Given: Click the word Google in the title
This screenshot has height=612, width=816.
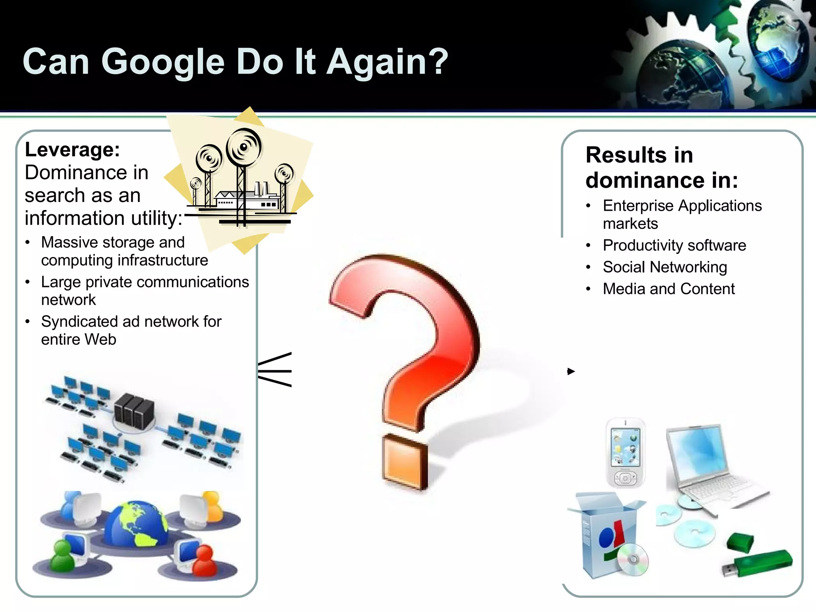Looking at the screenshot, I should click(x=163, y=63).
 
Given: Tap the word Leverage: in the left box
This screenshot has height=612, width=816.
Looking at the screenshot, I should click(x=72, y=150).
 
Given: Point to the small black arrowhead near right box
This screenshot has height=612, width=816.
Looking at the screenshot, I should click(x=571, y=371).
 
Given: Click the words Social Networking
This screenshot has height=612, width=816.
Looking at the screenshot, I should click(x=665, y=267).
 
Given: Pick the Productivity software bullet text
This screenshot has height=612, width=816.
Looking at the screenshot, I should click(x=674, y=245).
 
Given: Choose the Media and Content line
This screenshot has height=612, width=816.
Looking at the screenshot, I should click(x=669, y=289).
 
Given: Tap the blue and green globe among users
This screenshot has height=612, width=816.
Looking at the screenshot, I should click(x=137, y=524).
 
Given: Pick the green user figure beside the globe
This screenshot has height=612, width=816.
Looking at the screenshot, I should click(x=62, y=556).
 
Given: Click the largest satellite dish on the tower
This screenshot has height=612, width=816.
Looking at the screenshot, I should click(x=243, y=147).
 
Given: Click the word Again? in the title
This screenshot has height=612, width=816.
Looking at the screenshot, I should click(x=387, y=63).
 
